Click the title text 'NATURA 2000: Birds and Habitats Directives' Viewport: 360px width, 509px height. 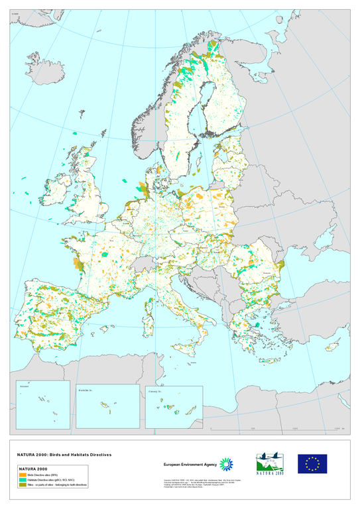coord(64,455)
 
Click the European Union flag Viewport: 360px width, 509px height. coord(312,463)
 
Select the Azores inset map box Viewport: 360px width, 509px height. coord(40,404)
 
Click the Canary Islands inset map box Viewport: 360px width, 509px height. coord(174,407)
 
